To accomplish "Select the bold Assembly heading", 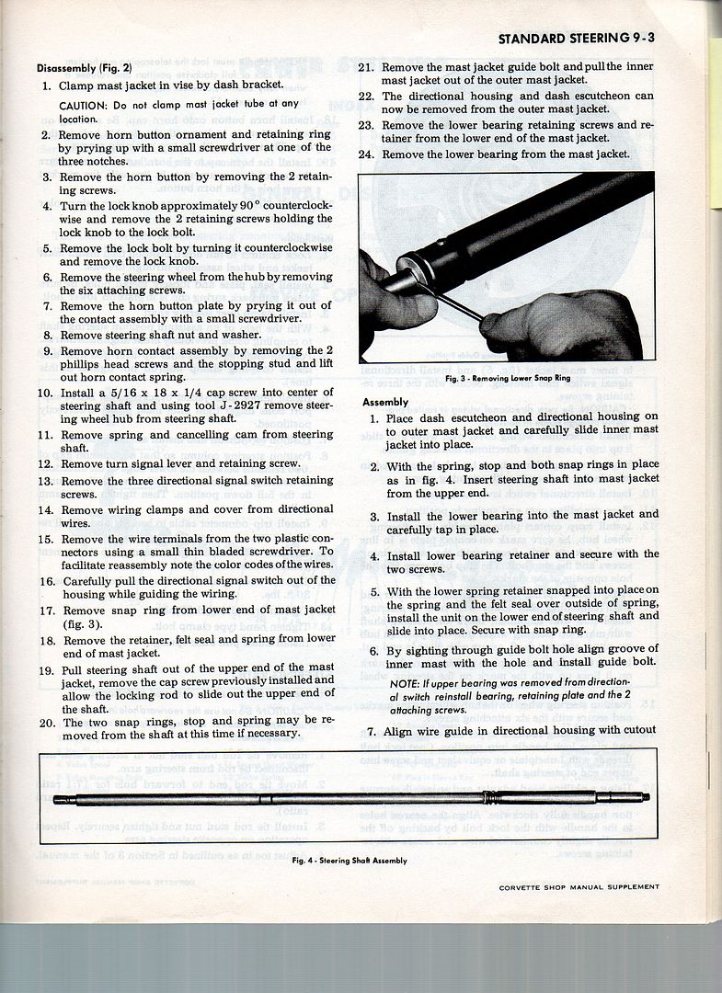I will [x=385, y=402].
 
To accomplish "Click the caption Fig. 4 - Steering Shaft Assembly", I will [x=350, y=861].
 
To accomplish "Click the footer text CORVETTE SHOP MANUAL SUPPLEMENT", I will [x=579, y=887].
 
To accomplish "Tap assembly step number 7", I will [x=371, y=730].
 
